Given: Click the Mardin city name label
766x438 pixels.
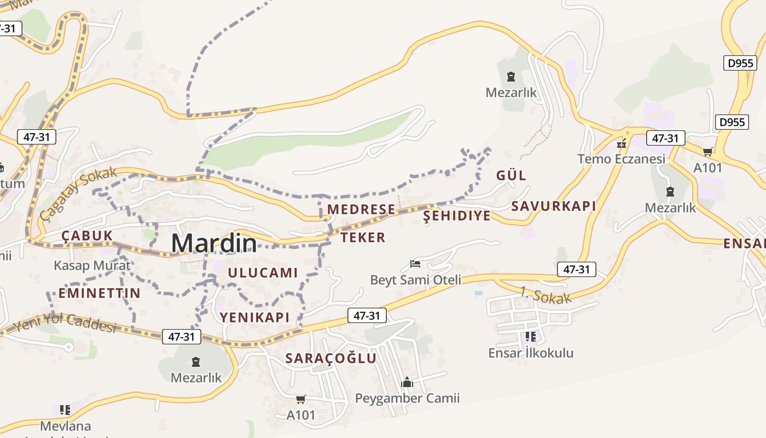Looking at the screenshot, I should coord(214,243).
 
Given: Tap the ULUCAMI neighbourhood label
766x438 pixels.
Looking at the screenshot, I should coord(263,273).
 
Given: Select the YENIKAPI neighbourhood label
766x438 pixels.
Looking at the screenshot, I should coord(254,317).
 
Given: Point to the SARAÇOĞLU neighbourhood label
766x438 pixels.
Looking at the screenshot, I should coord(331,359).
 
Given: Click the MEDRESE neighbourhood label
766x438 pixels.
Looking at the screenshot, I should coord(361,209).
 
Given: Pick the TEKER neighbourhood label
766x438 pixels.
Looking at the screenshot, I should coord(363,238).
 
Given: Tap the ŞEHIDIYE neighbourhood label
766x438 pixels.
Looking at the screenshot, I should coord(457,216).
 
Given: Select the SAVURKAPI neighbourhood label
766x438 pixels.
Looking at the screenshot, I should coord(553,206).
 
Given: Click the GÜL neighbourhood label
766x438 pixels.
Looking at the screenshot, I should coord(511,176).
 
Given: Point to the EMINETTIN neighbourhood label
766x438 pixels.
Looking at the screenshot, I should coord(100,293).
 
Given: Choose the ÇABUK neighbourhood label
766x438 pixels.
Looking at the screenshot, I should coord(87,236).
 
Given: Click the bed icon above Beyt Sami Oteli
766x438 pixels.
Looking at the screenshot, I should coord(415,264).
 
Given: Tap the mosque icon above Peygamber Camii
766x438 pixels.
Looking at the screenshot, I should coord(407,382).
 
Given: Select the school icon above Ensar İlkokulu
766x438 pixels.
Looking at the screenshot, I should coord(530,336).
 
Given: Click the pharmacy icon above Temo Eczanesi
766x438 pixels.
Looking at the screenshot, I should coord(622,144).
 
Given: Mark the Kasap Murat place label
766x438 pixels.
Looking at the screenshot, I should coord(92,266).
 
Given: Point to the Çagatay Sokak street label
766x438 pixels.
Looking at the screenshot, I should coord(78,193).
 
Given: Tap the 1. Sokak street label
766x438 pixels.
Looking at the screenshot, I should coord(546,295).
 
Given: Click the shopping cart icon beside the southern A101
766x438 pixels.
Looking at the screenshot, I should coord(300,400).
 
